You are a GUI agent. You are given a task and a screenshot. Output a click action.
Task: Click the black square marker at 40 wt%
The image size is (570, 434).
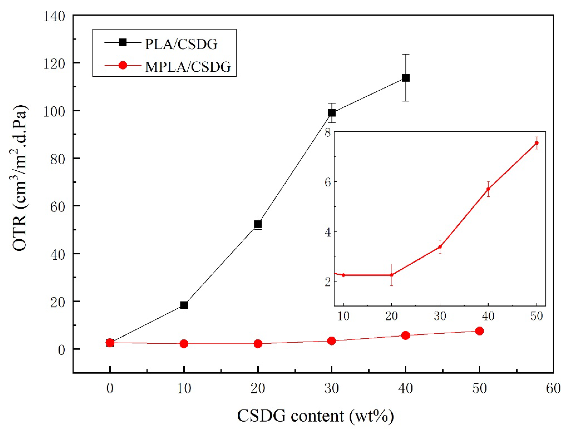pos(405,78)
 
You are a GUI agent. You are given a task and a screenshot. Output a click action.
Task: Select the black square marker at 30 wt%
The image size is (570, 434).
pos(332,113)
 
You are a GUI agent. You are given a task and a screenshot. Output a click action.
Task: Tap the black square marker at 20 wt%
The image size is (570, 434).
pos(258,224)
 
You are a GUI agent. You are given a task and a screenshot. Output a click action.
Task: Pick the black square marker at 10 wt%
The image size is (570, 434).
pos(184,305)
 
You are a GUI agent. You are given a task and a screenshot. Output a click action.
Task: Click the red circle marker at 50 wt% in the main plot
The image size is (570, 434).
pos(479,331)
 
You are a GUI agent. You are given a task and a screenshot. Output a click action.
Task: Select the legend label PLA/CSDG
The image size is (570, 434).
pos(181,44)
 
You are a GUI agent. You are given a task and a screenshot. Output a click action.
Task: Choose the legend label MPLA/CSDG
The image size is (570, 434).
pos(188,67)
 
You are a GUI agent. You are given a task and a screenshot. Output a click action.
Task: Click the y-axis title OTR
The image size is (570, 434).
pos(20,178)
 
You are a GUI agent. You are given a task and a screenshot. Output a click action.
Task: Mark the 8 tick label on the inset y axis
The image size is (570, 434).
pos(328,133)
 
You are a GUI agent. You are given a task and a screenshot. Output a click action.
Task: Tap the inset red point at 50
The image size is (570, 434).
pos(537,143)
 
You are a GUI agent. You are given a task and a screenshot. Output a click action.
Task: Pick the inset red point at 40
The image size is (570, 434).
pos(488,189)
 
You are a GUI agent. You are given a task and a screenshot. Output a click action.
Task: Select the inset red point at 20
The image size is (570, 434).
pos(392,275)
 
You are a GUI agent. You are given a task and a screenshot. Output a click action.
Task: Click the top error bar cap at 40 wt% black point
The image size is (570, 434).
pos(405,55)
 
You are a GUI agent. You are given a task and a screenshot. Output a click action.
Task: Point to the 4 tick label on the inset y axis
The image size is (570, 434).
pos(328,232)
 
